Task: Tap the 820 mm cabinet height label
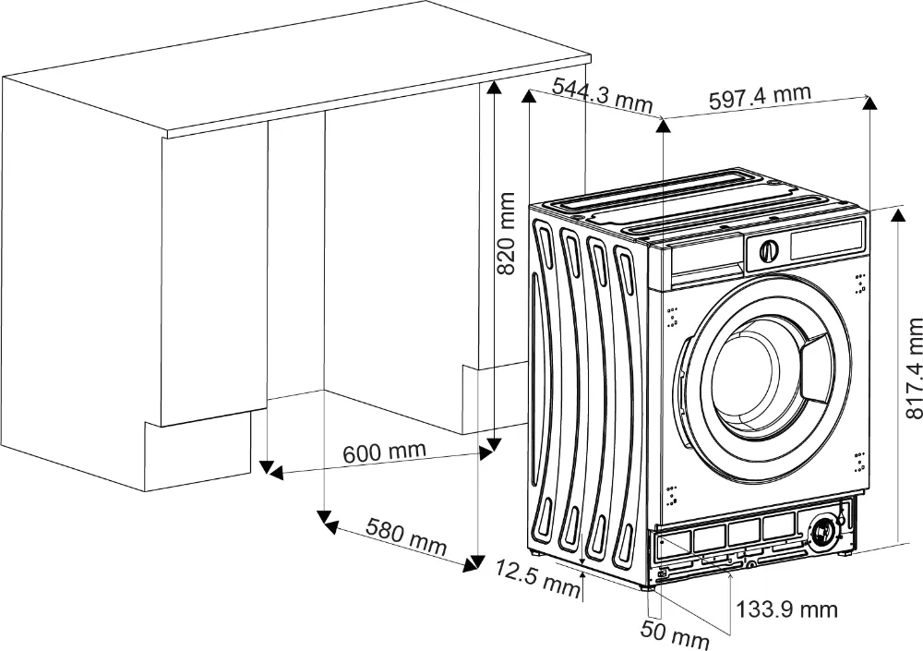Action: pyautogui.click(x=507, y=233)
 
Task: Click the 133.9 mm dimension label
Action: pyautogui.click(x=787, y=609)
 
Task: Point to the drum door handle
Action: pyautogui.click(x=816, y=363)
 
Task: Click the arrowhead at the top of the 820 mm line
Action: pyautogui.click(x=495, y=87)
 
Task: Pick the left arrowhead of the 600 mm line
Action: pyautogui.click(x=272, y=473)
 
